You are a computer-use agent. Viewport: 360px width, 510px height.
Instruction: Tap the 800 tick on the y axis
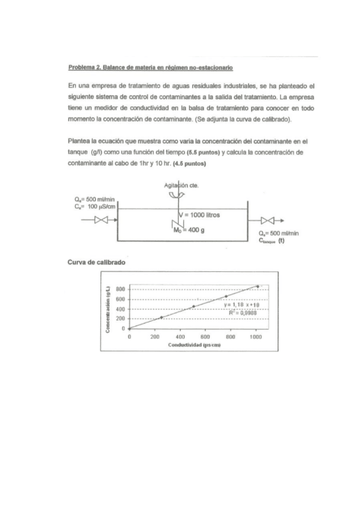(120, 289)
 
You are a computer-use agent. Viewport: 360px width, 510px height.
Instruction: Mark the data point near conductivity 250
(162, 317)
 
